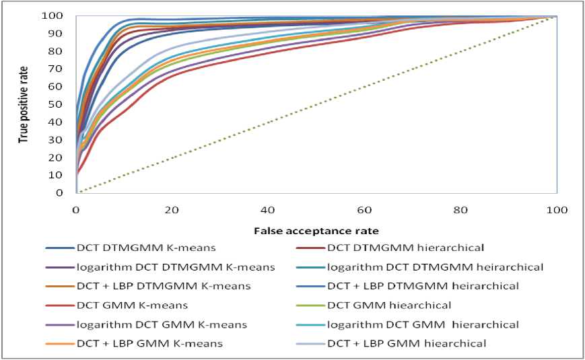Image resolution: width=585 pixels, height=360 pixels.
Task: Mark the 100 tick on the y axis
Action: click(63, 15)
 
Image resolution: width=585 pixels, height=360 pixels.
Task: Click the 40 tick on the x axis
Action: click(269, 209)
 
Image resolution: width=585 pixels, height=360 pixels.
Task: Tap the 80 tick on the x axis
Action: click(460, 209)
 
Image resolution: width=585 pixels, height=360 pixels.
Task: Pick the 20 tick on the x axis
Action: click(172, 209)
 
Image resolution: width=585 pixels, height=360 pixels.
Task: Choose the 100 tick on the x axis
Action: click(556, 209)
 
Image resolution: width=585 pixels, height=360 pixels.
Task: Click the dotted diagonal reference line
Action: click(316, 104)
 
